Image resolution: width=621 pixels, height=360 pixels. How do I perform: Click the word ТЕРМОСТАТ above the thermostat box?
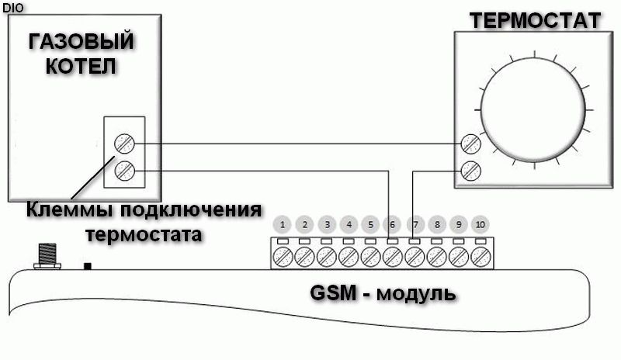pyautogui.click(x=536, y=20)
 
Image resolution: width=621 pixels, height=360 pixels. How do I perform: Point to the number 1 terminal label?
pyautogui.click(x=283, y=226)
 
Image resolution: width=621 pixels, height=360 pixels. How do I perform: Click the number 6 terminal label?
pyautogui.click(x=393, y=226)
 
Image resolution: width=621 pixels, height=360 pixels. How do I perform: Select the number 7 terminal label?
pyautogui.click(x=415, y=226)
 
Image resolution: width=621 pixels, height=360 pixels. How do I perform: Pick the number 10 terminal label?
pyautogui.click(x=480, y=226)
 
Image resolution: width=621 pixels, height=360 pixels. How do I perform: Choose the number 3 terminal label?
pyautogui.click(x=328, y=226)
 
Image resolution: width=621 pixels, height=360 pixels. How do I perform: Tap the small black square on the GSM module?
pyautogui.click(x=88, y=266)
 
